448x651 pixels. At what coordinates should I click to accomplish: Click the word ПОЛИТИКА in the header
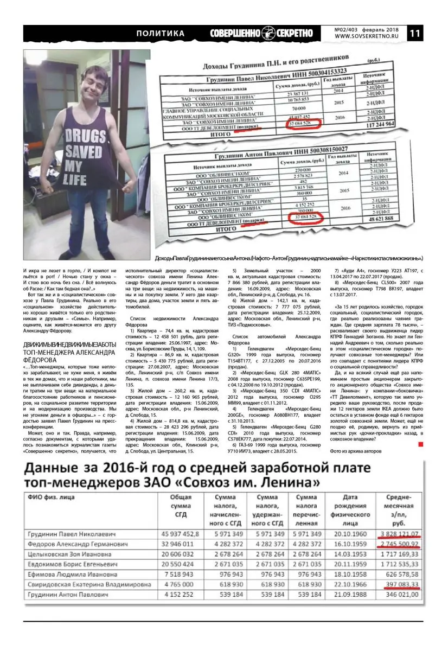pos(160,33)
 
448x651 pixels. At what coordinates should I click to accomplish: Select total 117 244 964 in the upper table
pos(388,124)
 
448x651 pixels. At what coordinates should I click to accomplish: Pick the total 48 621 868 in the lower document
pos(386,218)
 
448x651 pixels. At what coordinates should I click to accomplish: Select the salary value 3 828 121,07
pos(399,534)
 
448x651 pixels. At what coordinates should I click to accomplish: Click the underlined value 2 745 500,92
pos(399,544)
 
